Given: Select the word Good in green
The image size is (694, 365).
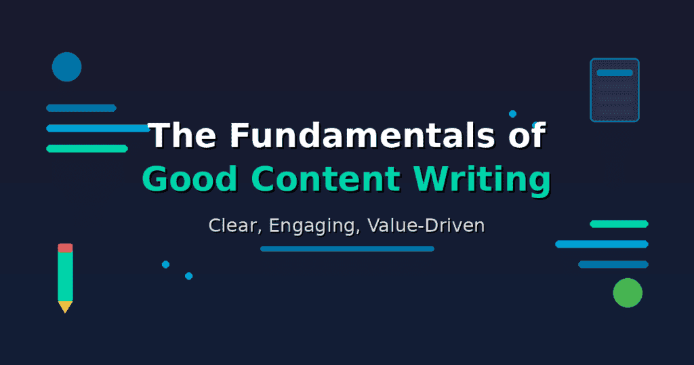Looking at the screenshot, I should (x=190, y=180).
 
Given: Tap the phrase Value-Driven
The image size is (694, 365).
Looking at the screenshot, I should (x=426, y=225).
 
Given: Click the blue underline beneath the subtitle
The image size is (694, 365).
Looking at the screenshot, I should (x=347, y=249).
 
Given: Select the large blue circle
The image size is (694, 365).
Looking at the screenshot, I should (x=66, y=66).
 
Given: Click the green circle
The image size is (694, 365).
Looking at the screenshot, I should (x=628, y=292).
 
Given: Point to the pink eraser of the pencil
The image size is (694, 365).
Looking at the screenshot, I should (x=65, y=248).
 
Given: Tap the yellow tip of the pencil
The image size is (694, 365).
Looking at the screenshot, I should (x=65, y=307).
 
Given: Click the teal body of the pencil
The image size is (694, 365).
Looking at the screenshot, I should (x=65, y=275).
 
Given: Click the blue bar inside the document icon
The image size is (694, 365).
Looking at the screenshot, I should (x=615, y=73).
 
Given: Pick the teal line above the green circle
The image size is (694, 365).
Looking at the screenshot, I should (x=619, y=223).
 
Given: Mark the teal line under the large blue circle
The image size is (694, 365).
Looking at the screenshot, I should (x=87, y=149).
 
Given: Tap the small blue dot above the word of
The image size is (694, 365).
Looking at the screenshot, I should (x=512, y=113).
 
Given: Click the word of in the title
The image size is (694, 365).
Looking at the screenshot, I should (x=525, y=136).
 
